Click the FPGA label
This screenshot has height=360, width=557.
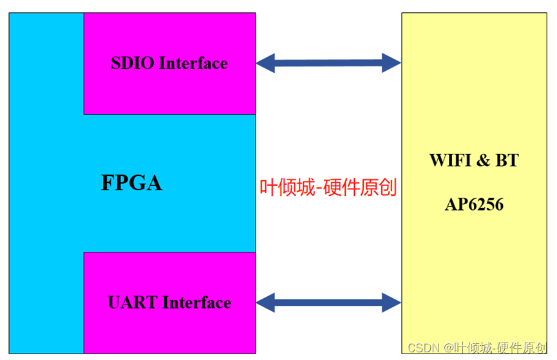coord(131,183)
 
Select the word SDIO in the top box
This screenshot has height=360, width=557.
coord(132,63)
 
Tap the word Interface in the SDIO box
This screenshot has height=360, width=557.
coord(193,63)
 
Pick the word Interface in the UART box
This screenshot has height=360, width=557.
coord(196,303)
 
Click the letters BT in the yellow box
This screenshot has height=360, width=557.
coord(506,160)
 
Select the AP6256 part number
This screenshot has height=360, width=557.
coord(474,205)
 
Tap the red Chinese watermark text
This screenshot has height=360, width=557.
coord(328,187)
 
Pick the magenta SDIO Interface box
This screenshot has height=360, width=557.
coord(169,90)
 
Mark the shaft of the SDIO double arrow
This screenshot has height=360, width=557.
coord(328,63)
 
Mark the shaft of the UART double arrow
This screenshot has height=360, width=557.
coord(328,302)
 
